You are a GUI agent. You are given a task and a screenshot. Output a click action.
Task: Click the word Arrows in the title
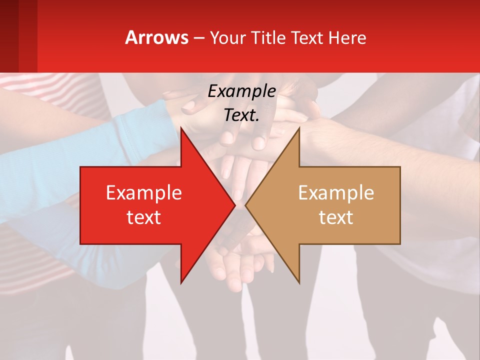(156, 37)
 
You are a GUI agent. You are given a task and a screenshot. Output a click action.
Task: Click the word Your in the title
(227, 38)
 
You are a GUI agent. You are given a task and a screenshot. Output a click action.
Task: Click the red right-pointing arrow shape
(150, 205)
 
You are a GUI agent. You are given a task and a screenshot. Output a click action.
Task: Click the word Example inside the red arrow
(143, 193)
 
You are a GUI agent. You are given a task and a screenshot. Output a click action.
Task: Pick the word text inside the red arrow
(143, 217)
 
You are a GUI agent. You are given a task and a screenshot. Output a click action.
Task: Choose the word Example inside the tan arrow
(336, 193)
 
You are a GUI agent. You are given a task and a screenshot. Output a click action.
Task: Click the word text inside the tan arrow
(336, 217)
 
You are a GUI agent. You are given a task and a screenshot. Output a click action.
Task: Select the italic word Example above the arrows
(241, 91)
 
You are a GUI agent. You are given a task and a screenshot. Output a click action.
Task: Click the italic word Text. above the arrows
(241, 115)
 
